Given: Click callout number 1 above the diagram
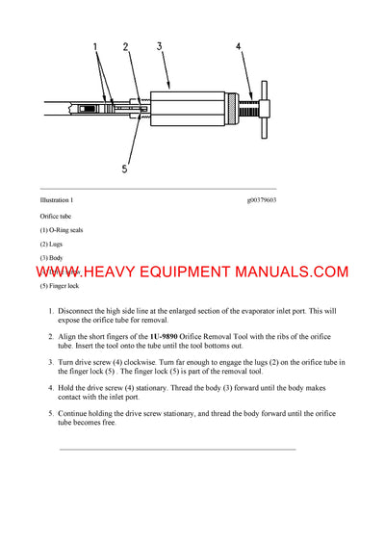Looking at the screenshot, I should tap(94, 46).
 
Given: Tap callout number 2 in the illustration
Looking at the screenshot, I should tap(126, 46).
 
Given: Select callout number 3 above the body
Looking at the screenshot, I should tap(159, 46).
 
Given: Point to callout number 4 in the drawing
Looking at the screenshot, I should tap(239, 46).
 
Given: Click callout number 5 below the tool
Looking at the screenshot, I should tap(124, 169).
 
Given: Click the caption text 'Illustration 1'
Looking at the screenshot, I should tap(56, 199).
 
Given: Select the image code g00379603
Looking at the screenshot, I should tap(262, 199).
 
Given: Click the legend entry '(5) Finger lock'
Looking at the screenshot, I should tap(60, 286).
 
